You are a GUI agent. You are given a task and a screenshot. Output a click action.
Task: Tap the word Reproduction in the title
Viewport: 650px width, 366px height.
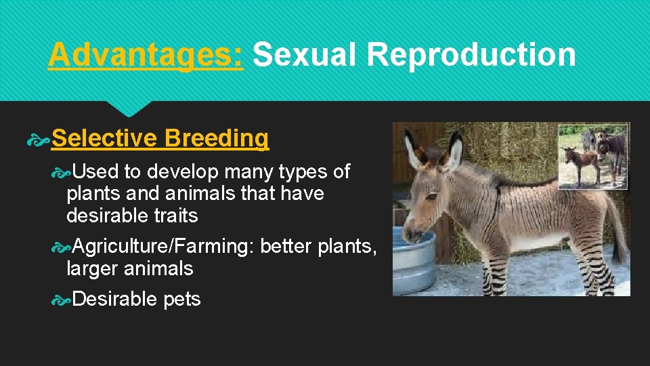(x=471, y=54)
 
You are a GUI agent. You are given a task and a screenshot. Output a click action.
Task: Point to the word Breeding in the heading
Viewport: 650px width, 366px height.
(x=216, y=138)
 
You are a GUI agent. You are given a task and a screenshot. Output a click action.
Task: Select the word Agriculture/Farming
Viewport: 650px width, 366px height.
(x=162, y=246)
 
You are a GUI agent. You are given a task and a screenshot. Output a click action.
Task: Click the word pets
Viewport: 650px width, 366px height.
(x=182, y=300)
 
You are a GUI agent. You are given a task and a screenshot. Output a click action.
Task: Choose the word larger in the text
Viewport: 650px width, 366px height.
(x=93, y=268)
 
